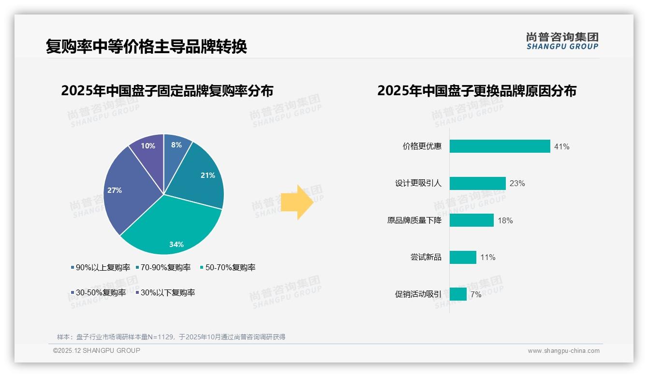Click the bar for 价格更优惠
500,146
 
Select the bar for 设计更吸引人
477,183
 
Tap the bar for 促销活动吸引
458,294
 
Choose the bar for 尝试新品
463,257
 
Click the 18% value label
505,220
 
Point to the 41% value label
561,146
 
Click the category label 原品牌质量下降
414,220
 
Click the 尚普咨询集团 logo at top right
562,41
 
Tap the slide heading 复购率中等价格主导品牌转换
146,46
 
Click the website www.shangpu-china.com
563,351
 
